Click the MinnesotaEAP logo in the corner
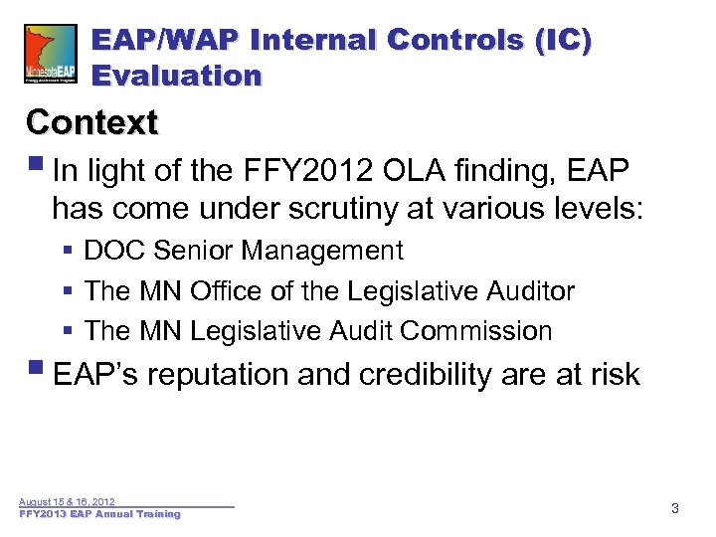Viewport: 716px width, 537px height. (50, 55)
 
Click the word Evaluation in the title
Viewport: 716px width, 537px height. (176, 76)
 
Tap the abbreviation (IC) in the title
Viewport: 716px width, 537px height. (563, 40)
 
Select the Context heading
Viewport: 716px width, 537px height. (92, 122)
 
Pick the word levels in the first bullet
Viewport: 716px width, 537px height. (593, 209)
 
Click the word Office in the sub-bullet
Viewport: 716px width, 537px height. (225, 291)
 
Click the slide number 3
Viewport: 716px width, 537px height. (675, 509)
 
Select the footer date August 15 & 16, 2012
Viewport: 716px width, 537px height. (67, 502)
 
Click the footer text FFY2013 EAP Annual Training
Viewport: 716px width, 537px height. (99, 514)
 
